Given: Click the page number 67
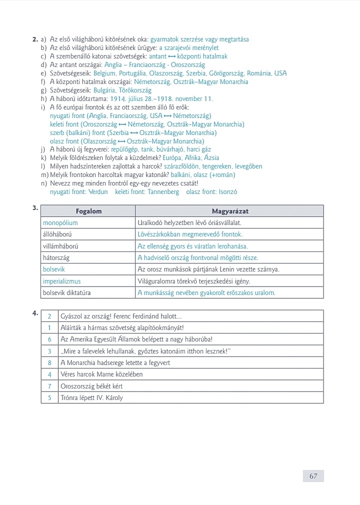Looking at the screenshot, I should pos(313,476).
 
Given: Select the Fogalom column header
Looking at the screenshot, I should pos(88,211).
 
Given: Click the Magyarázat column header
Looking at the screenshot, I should pos(230,211).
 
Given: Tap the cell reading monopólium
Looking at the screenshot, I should pos(60,222).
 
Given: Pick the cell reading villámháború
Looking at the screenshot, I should pos(60,246).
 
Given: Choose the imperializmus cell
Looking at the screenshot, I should pos(62,281).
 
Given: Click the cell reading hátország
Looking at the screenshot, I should pos(56,257).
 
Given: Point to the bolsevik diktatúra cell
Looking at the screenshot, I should pos(67,292).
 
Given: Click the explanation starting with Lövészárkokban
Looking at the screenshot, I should pos(190,234).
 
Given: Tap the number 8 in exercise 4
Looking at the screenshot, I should pos(49,362).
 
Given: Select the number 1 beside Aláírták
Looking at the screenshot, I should pos(49,327).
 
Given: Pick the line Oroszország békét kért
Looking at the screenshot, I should pos(91,386).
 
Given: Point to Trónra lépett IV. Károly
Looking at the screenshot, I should pos(91,398).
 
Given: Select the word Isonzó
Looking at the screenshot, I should pos(227,191).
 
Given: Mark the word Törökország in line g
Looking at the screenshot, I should pos(134,90).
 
